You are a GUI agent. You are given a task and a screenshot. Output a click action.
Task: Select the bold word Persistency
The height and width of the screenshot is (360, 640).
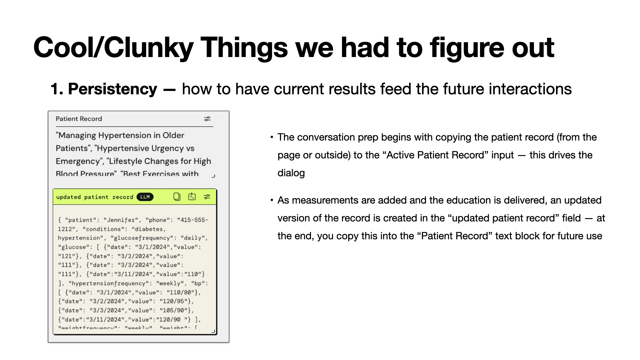click(112, 89)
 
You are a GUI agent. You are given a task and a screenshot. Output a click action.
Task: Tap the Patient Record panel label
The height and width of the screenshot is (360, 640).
click(79, 119)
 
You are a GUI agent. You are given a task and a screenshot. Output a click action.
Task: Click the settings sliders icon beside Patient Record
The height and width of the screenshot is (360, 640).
click(207, 119)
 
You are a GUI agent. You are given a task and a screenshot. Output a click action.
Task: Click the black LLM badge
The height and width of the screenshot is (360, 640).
click(145, 197)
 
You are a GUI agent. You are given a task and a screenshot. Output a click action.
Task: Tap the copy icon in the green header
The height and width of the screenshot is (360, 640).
click(177, 197)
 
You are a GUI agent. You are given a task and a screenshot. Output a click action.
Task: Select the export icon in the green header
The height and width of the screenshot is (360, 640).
click(192, 197)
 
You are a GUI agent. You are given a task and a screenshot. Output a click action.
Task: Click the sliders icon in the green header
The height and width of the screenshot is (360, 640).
click(207, 197)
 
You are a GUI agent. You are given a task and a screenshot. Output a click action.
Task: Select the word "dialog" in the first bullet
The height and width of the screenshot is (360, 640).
click(291, 173)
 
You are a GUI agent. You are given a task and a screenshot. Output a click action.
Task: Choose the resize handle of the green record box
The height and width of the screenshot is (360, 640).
click(213, 331)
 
